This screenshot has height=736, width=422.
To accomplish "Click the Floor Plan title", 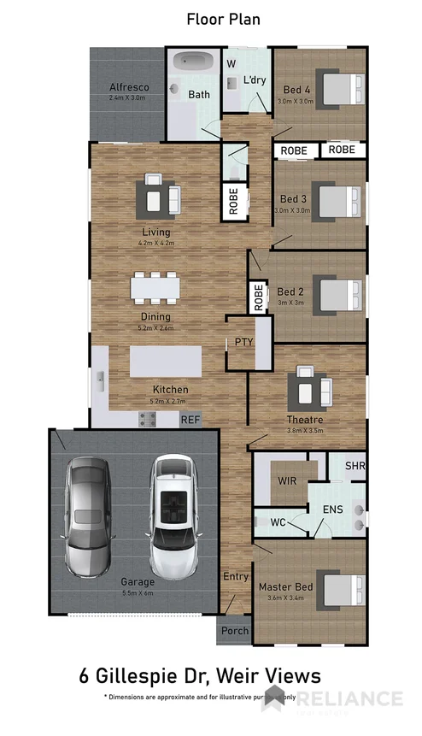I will (x=224, y=18).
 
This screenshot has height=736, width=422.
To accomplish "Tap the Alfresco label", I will (x=129, y=86).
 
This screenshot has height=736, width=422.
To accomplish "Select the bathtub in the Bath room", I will (x=195, y=62).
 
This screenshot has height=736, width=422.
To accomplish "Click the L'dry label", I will (x=255, y=80).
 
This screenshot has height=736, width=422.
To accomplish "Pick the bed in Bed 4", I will (x=335, y=87).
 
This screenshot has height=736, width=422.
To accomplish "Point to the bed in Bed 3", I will (x=335, y=202).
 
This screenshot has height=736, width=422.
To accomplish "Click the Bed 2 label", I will (x=291, y=291).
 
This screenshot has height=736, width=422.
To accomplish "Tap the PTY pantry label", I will (x=244, y=342).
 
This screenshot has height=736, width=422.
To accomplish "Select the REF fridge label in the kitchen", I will (x=190, y=420).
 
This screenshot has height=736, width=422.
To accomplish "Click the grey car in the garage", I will (x=88, y=515).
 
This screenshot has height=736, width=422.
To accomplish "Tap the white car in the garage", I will (x=173, y=515).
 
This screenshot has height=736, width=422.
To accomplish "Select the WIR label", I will (x=287, y=480).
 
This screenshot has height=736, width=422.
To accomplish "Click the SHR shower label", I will (x=355, y=466).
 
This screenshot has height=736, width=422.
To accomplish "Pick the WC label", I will (x=278, y=520).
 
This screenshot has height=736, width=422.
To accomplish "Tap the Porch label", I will (x=234, y=631).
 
